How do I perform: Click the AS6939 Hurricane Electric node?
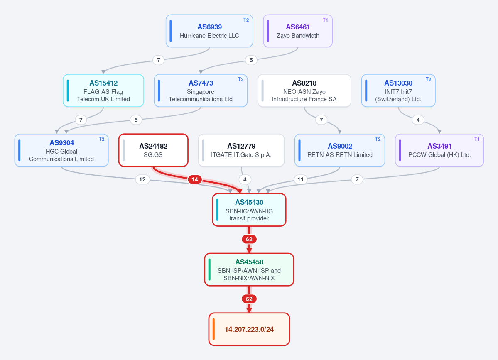point(209,31)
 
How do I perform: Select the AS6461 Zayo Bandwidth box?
point(298,31)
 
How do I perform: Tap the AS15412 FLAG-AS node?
point(103,91)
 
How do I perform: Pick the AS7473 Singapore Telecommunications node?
point(201,91)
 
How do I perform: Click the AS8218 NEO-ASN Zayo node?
point(304,91)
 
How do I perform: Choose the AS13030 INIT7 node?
point(398,91)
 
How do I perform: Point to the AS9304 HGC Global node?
point(61,150)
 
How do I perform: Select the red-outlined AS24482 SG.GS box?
point(153,150)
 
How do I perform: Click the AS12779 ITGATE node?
point(241,150)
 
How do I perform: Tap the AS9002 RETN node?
point(340,150)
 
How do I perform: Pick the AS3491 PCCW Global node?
point(439,150)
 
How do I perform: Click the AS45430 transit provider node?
point(249,210)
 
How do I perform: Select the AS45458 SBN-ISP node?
point(249,269)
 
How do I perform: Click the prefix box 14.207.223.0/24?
point(249,329)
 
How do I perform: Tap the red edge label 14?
point(195,179)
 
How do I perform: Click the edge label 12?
point(142,179)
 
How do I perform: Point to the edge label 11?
point(300,179)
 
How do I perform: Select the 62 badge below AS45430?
point(249,239)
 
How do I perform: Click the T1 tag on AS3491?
point(477,139)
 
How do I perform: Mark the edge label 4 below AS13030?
point(418,120)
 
